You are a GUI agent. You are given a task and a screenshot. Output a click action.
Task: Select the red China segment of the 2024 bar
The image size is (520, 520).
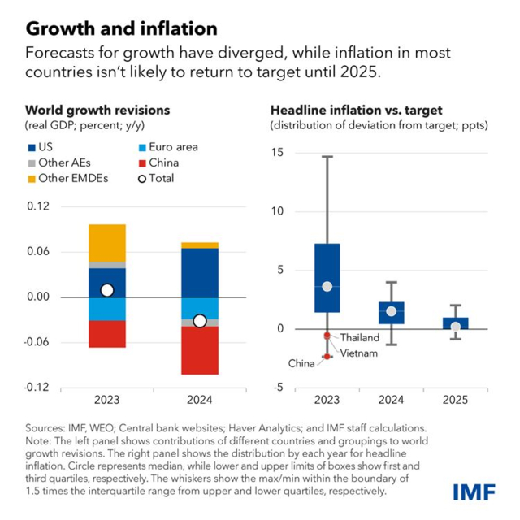tap(200, 350)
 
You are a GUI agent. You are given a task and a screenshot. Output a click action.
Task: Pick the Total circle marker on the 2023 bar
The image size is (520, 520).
tap(107, 290)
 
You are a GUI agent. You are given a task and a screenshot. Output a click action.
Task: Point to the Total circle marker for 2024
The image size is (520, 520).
tap(200, 321)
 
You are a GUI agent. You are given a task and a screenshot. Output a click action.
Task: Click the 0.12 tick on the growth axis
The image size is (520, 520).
tap(38, 206)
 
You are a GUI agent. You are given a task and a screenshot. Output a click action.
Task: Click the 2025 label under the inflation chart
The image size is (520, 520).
tap(455, 400)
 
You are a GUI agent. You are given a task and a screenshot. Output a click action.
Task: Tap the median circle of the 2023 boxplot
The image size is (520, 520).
tap(327, 286)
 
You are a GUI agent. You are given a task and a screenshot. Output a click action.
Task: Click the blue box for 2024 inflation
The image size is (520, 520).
tap(392, 313)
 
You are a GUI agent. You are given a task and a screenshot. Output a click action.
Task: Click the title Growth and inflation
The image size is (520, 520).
tap(121, 29)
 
